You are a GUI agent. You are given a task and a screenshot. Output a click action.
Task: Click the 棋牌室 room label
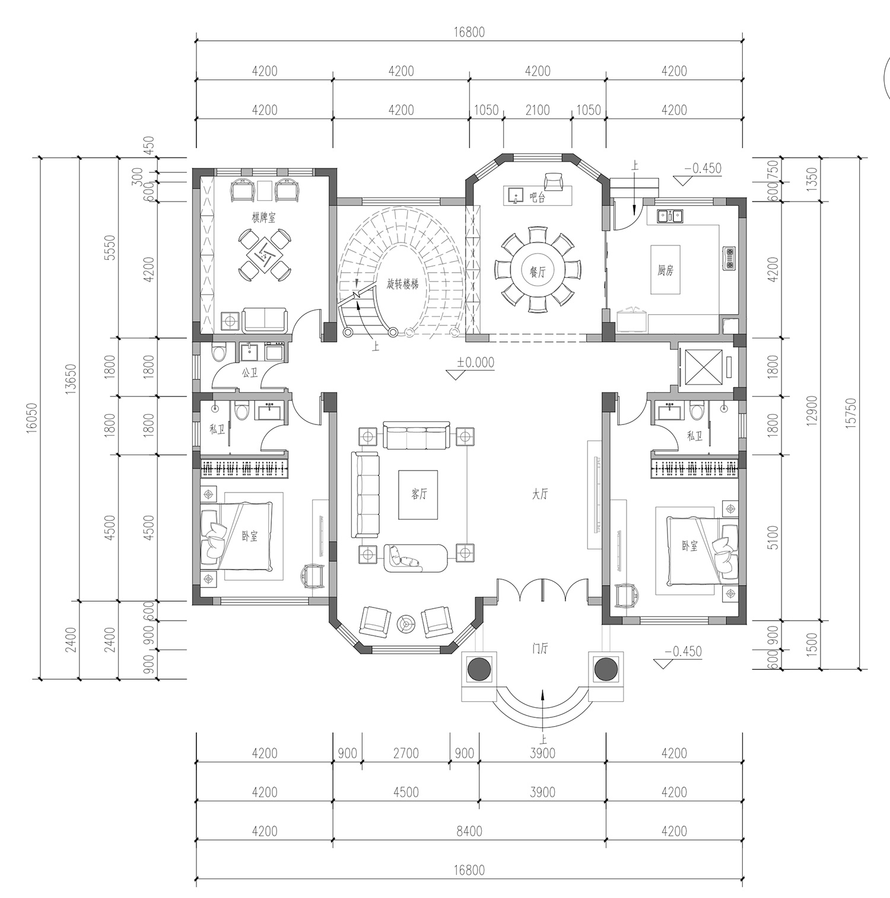[264, 218]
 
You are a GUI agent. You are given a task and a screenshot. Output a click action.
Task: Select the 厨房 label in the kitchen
[666, 270]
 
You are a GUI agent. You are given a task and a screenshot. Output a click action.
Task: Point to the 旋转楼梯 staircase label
[403, 285]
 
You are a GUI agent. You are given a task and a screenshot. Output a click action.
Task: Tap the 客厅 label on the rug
[419, 494]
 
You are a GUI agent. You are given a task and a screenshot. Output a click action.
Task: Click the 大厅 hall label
[539, 494]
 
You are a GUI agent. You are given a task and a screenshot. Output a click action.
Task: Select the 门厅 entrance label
[539, 648]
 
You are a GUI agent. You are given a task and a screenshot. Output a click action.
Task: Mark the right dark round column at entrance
[606, 669]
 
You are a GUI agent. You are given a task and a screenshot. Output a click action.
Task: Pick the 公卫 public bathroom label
[249, 373]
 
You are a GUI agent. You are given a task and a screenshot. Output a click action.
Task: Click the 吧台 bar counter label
[538, 198]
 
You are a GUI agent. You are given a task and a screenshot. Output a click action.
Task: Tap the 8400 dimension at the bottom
[469, 831]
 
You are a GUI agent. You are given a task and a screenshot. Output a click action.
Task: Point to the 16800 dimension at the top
[469, 32]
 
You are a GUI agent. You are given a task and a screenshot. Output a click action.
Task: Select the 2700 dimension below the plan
[406, 753]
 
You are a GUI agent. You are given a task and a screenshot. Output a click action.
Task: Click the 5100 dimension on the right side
[772, 538]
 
